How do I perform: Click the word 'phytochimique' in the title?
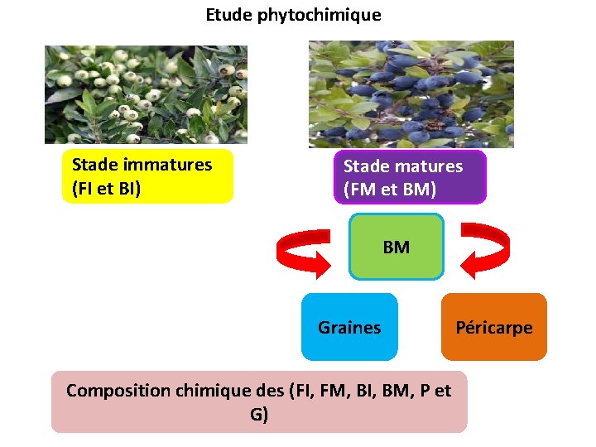click(329, 15)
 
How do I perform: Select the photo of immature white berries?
click(146, 94)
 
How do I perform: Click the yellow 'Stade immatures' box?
click(147, 176)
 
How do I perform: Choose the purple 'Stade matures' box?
click(410, 176)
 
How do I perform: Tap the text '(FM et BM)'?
click(390, 190)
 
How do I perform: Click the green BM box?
click(397, 247)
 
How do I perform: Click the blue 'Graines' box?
click(349, 327)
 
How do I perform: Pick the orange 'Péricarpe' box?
click(494, 327)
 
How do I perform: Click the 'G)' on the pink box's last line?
click(259, 414)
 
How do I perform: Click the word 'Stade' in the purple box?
click(367, 166)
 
